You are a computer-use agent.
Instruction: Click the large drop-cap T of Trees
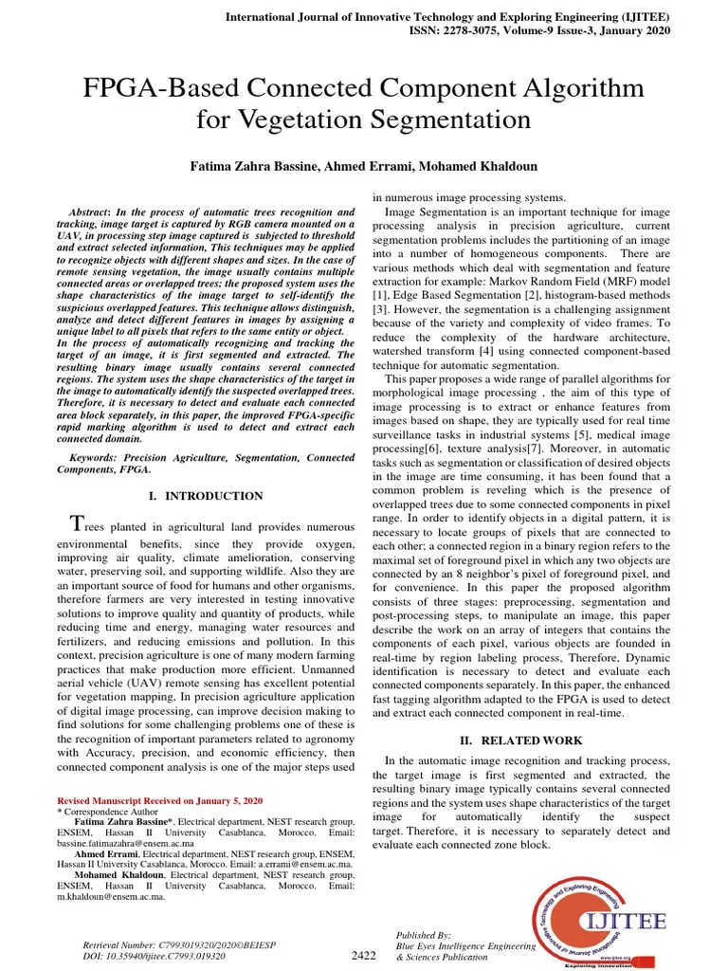[x=78, y=524]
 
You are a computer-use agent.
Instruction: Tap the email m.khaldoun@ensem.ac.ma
[x=111, y=896]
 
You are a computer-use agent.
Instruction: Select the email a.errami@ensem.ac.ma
[x=296, y=864]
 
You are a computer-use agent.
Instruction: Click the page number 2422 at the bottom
[x=364, y=957]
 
